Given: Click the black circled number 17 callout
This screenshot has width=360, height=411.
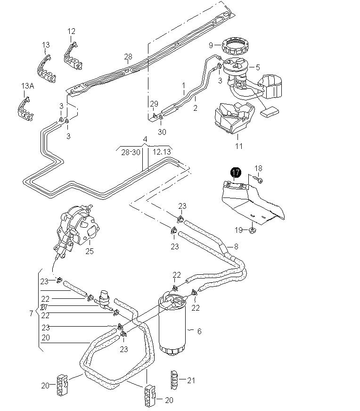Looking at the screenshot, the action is (236, 172).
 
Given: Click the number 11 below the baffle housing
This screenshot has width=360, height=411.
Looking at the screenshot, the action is (238, 146).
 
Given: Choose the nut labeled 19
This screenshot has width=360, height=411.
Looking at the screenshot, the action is (252, 230).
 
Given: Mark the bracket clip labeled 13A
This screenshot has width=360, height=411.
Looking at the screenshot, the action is (25, 109).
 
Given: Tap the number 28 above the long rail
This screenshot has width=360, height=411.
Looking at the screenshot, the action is (128, 57).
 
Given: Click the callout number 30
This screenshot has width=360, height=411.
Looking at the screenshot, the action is (162, 132).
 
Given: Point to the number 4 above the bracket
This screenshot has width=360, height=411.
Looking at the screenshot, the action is (145, 139).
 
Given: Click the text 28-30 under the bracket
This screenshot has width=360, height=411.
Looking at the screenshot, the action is (131, 152).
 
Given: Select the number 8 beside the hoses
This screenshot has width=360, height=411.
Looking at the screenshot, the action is (236, 247).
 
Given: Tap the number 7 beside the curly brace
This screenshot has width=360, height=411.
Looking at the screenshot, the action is (31, 313).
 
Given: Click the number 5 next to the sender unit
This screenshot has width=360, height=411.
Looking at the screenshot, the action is (258, 67).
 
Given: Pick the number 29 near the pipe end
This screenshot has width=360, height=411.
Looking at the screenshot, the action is (154, 104).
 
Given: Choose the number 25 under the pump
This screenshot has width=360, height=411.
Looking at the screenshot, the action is (90, 251).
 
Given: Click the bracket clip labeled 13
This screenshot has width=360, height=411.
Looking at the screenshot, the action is (47, 69).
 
